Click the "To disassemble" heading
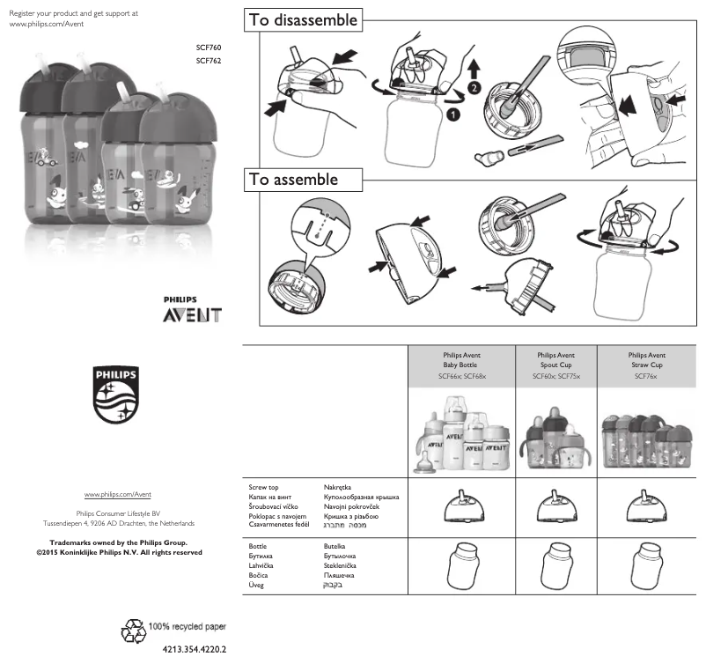click(304, 19)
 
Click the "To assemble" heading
click(293, 180)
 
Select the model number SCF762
click(209, 61)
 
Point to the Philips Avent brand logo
click(192, 310)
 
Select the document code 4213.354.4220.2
click(195, 650)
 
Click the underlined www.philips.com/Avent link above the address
click(118, 496)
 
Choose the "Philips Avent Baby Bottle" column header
click(462, 365)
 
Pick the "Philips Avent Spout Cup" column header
click(556, 365)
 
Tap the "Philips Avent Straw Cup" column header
click(651, 365)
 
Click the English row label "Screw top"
click(264, 486)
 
